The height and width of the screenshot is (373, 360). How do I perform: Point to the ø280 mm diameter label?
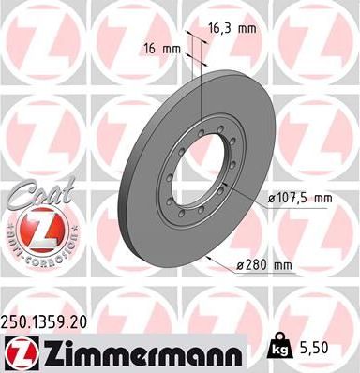(265, 265)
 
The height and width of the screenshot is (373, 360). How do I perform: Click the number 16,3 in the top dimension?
(220, 29)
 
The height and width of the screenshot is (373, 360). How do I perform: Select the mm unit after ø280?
(283, 265)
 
